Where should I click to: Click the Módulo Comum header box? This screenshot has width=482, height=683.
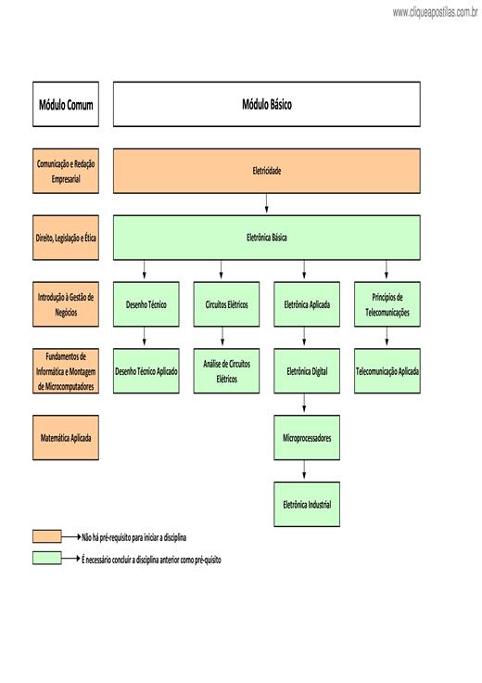(66, 104)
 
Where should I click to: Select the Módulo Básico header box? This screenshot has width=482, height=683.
(267, 104)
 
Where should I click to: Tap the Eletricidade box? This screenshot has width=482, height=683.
(267, 171)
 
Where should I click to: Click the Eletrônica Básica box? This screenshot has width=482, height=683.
(267, 238)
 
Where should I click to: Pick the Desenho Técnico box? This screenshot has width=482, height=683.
(146, 304)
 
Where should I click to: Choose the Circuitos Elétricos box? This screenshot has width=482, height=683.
(227, 304)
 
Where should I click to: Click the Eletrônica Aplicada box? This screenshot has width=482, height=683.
(307, 304)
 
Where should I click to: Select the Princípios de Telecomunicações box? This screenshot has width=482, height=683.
(387, 304)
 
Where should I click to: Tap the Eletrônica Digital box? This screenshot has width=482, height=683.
(307, 371)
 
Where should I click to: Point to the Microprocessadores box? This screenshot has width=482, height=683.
(307, 438)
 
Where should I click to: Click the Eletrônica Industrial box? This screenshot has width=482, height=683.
(307, 505)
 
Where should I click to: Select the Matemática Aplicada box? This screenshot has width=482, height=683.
(66, 438)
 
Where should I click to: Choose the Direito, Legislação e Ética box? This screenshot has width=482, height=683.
(66, 238)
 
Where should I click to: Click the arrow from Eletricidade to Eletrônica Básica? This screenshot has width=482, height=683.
(267, 203)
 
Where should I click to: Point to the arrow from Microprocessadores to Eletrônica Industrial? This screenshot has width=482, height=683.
(304, 470)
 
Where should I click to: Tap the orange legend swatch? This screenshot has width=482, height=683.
(47, 536)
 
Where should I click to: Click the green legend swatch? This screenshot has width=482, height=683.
(47, 558)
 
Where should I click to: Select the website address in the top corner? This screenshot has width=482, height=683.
(435, 12)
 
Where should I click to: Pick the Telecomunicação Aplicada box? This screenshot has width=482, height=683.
(387, 371)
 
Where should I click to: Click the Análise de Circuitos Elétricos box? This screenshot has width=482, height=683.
(227, 371)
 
